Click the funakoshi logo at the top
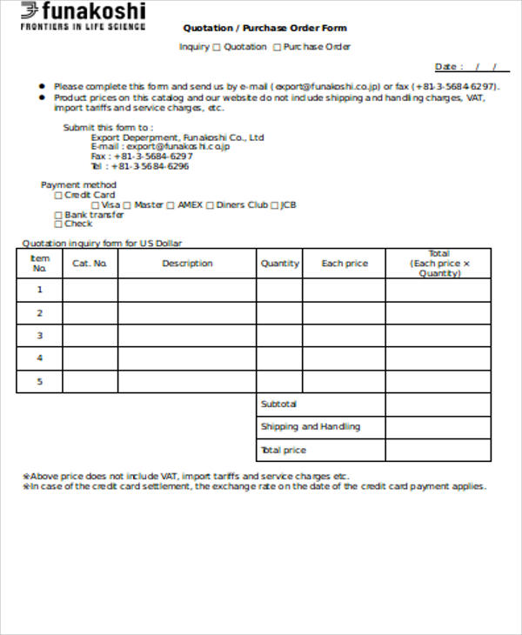tap(83, 16)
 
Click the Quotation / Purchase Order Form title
tap(264, 28)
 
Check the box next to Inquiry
tap(217, 47)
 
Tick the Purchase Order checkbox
tap(277, 47)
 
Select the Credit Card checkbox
tap(58, 196)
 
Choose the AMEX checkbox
tap(171, 205)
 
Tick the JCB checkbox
tap(274, 205)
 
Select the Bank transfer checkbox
tap(58, 215)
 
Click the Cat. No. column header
tap(90, 264)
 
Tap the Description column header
tap(187, 264)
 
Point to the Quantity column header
tap(279, 264)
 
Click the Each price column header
tap(345, 264)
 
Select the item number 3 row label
tap(39, 336)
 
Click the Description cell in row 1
tap(187, 291)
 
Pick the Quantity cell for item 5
tap(279, 381)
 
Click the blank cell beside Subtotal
tap(438, 404)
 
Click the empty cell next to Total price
tap(438, 450)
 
